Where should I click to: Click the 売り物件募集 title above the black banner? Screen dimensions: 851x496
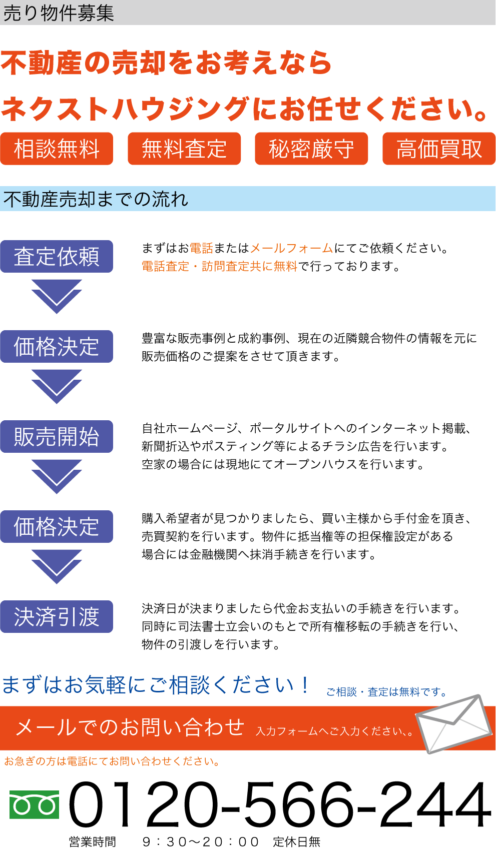(x=59, y=13)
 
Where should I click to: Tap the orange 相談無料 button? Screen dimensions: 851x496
(x=57, y=149)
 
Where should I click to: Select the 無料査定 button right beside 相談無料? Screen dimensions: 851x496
(x=184, y=149)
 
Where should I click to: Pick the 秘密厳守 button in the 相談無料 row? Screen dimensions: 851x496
(x=311, y=149)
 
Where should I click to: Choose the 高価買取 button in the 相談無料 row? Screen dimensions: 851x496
(x=439, y=149)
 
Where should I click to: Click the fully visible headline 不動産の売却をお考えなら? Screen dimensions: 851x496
(x=166, y=63)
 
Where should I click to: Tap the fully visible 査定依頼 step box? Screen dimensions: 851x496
(x=57, y=257)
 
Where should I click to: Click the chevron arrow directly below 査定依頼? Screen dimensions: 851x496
(x=56, y=295)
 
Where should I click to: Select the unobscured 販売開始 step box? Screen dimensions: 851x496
(x=57, y=437)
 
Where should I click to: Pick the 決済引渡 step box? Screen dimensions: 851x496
(x=57, y=617)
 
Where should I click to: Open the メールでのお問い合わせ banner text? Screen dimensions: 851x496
(x=130, y=727)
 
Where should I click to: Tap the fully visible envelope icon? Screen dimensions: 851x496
(x=453, y=723)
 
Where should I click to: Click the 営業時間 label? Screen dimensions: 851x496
(x=93, y=842)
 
